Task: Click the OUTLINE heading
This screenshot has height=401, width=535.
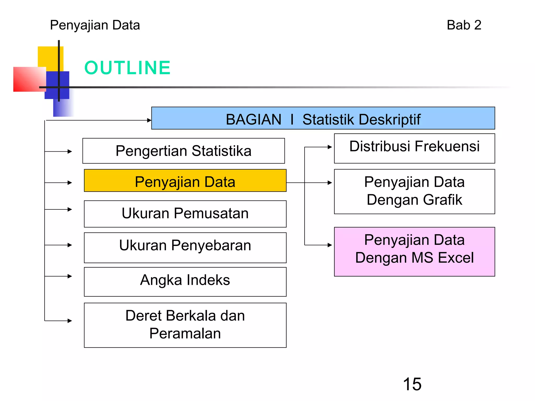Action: (x=127, y=68)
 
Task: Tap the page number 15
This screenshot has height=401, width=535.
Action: (x=412, y=384)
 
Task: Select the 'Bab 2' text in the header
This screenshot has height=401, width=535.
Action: (x=464, y=25)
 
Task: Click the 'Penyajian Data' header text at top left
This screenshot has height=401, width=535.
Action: (x=95, y=25)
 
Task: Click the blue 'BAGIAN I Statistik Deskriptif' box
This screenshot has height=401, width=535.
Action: (x=323, y=118)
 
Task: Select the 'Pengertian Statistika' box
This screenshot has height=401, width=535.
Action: (x=183, y=151)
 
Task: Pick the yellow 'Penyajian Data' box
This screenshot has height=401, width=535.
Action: (x=185, y=181)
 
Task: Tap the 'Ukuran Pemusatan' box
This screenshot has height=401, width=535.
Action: (x=185, y=214)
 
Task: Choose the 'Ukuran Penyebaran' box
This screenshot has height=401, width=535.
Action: (x=185, y=247)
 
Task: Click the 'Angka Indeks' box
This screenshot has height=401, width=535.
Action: (x=185, y=282)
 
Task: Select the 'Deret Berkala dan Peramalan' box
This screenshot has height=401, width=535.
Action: (x=185, y=325)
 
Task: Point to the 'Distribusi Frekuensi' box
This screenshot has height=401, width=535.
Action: (x=414, y=148)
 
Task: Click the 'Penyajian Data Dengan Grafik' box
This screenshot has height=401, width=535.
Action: (x=414, y=191)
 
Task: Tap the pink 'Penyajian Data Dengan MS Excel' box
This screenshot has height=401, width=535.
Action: (x=414, y=251)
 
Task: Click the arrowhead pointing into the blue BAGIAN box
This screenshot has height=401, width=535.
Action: (x=149, y=120)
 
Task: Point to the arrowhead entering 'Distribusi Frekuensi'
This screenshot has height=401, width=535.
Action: (x=330, y=147)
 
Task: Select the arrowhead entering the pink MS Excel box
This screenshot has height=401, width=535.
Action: (x=330, y=245)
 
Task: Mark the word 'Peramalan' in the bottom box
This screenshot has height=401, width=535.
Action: (x=185, y=334)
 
